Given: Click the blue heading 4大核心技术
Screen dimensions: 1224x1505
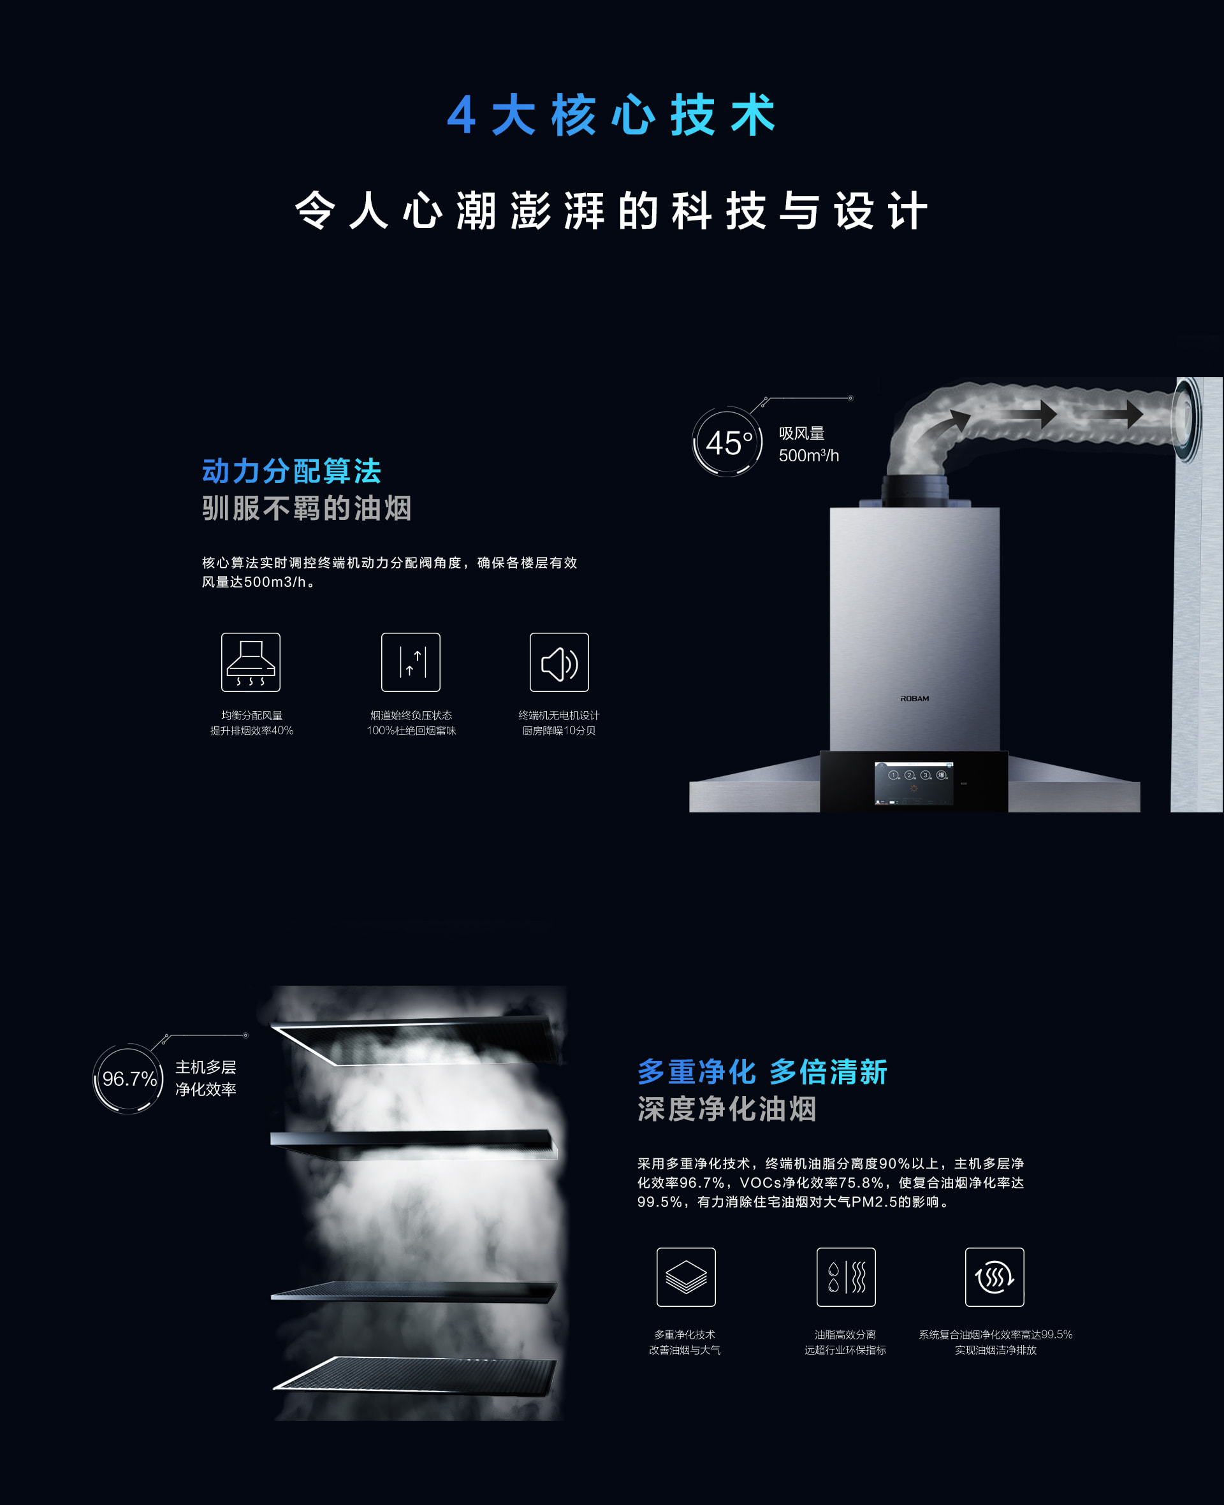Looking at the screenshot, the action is (x=611, y=114).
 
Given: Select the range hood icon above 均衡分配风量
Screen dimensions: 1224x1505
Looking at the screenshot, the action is (x=251, y=662).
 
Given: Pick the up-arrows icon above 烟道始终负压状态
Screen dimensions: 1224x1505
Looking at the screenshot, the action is (x=411, y=662).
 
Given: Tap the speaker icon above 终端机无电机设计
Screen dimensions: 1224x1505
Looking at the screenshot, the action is (x=559, y=662).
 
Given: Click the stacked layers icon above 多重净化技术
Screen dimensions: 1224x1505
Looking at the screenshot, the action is (x=686, y=1277).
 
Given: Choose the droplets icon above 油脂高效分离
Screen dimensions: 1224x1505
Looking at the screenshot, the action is (x=846, y=1277).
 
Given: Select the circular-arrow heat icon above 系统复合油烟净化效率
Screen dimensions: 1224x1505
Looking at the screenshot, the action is (x=995, y=1277).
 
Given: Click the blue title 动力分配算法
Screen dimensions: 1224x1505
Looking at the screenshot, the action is (x=291, y=471).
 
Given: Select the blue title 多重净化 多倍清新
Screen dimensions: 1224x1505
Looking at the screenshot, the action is (x=762, y=1072).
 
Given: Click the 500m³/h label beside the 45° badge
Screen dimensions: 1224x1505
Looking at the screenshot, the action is (x=809, y=456).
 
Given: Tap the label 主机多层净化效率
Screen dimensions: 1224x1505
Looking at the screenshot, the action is (x=206, y=1078).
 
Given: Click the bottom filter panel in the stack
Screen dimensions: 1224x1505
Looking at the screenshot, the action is (x=414, y=1374).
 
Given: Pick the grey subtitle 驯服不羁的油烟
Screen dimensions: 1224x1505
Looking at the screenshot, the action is (x=307, y=508).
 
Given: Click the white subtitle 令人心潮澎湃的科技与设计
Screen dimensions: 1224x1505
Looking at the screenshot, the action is (x=611, y=211).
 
